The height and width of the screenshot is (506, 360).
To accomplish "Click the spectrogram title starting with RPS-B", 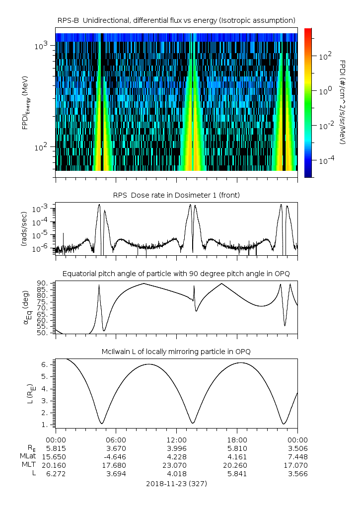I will [x=176, y=20].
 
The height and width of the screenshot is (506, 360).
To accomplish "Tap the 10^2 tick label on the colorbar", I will [x=324, y=57].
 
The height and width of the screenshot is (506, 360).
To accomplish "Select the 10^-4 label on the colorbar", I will [x=325, y=161].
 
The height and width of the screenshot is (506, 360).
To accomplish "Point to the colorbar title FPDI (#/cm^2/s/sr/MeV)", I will [x=343, y=102].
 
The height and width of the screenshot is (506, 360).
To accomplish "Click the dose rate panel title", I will [x=176, y=195].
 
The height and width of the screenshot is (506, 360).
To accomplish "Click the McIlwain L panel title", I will [x=176, y=352].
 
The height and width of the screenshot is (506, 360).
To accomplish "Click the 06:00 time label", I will [x=116, y=439].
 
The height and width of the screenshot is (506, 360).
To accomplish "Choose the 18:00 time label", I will [x=237, y=439].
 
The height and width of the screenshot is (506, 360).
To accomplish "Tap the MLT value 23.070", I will [x=177, y=465].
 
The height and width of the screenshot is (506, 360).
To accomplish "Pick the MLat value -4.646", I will [x=116, y=456].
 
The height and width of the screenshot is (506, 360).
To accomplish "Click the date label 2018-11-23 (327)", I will [x=176, y=483].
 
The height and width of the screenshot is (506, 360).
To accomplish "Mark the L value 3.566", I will [x=297, y=473].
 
